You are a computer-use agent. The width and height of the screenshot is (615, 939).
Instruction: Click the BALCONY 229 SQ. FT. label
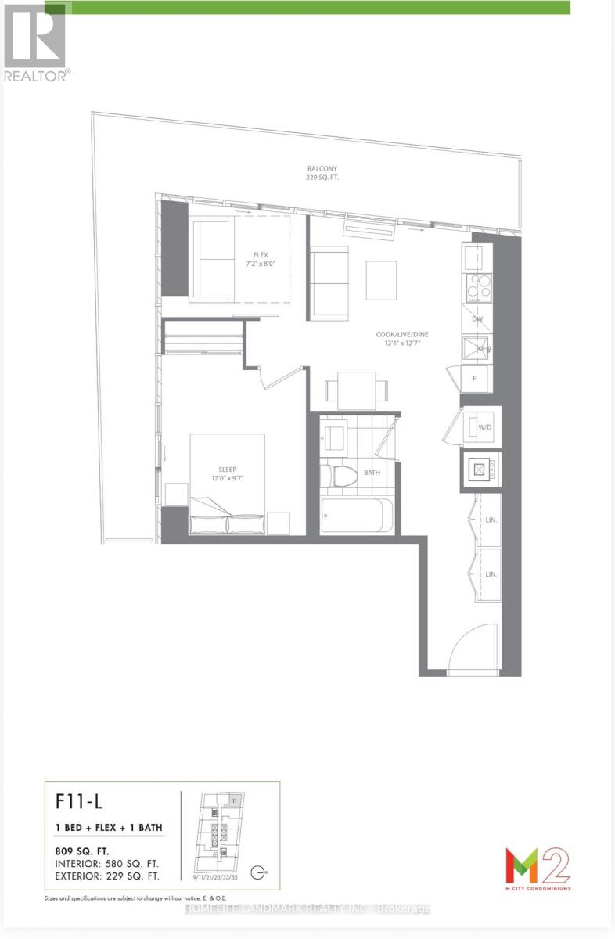click(x=322, y=173)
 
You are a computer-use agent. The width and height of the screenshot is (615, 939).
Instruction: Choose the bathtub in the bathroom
click(x=352, y=515)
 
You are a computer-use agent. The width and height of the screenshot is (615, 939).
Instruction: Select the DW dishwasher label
click(x=477, y=319)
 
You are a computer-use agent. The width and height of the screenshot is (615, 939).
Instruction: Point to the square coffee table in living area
click(x=381, y=279)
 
